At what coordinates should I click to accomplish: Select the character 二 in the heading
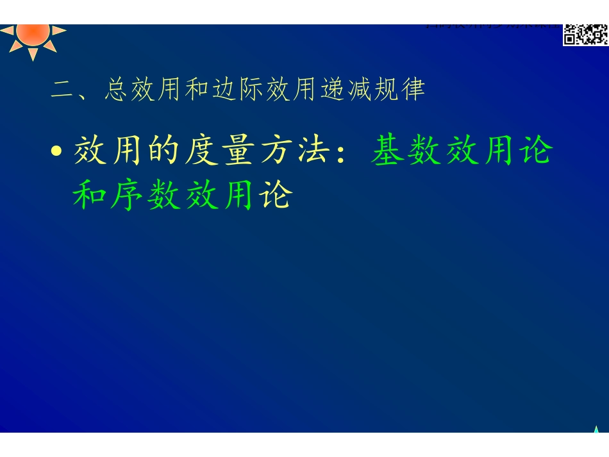63,90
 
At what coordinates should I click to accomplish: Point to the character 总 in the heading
117,90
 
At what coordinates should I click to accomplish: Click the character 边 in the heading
224,90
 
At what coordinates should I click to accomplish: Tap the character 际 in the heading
251,90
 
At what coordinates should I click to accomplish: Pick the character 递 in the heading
331,90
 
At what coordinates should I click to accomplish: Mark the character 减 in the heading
358,90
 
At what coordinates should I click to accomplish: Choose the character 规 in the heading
385,90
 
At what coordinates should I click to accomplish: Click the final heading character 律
412,90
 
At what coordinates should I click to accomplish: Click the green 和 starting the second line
90,195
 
